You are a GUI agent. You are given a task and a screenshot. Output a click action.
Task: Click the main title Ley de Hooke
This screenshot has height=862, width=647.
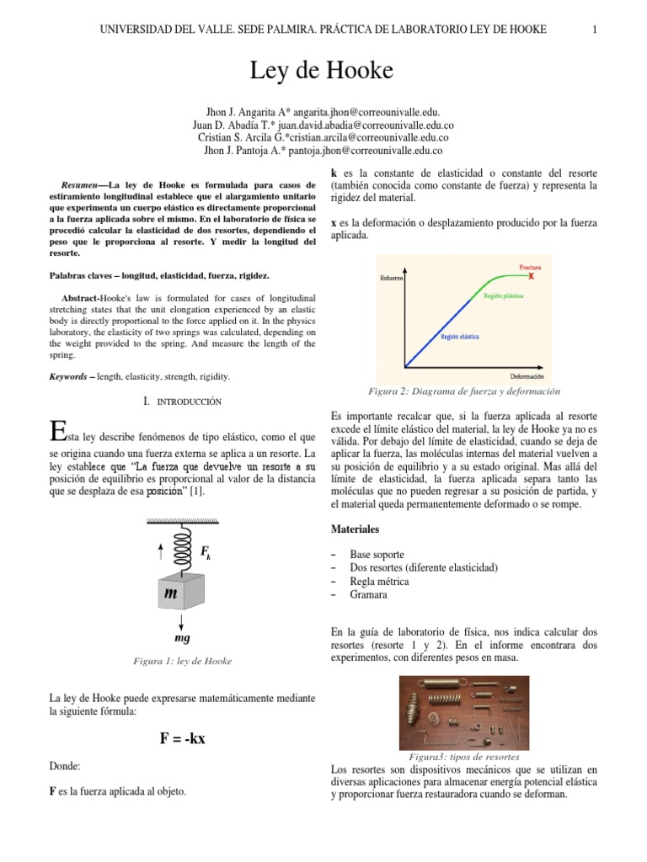click(322, 72)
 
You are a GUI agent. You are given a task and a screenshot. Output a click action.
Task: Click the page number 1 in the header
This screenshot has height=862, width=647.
click(595, 30)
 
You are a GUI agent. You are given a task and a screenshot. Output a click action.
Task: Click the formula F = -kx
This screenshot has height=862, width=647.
click(183, 739)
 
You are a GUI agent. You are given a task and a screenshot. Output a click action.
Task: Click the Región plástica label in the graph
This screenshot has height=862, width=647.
click(504, 296)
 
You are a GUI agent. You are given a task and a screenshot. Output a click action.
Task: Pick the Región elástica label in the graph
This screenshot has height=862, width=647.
click(460, 337)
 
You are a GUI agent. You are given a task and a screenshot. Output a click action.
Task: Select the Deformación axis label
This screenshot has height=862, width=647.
click(527, 375)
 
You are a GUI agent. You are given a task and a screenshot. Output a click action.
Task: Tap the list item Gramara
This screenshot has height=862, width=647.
click(369, 594)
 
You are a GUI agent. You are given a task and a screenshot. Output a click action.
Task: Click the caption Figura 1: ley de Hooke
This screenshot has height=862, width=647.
click(183, 661)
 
